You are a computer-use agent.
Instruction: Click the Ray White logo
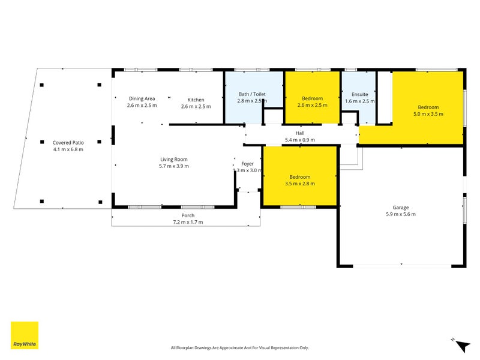tap(25, 336)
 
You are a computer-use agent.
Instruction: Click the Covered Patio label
tap(68, 142)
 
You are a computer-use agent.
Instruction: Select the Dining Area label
tap(142, 99)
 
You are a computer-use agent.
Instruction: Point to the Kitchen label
tap(196, 100)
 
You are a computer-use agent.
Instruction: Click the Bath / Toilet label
tap(252, 94)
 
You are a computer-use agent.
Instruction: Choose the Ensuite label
tap(359, 94)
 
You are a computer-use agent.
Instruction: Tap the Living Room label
tap(173, 159)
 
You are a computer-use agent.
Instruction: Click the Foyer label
tap(248, 164)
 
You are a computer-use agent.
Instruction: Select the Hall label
tap(299, 133)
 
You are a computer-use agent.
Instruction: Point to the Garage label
tap(401, 208)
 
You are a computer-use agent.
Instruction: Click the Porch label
tap(188, 215)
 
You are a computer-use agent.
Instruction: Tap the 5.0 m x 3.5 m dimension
tap(428, 113)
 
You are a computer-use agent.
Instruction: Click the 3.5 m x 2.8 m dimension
tap(299, 184)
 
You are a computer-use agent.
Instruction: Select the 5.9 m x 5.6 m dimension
tap(401, 214)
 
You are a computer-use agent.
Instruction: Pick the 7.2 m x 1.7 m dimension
tap(188, 222)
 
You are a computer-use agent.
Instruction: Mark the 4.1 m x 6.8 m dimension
tap(68, 149)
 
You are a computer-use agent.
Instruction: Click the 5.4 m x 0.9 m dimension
tap(299, 140)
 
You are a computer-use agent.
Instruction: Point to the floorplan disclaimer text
tap(239, 348)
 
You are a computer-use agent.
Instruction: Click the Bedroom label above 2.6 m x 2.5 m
tap(312, 98)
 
